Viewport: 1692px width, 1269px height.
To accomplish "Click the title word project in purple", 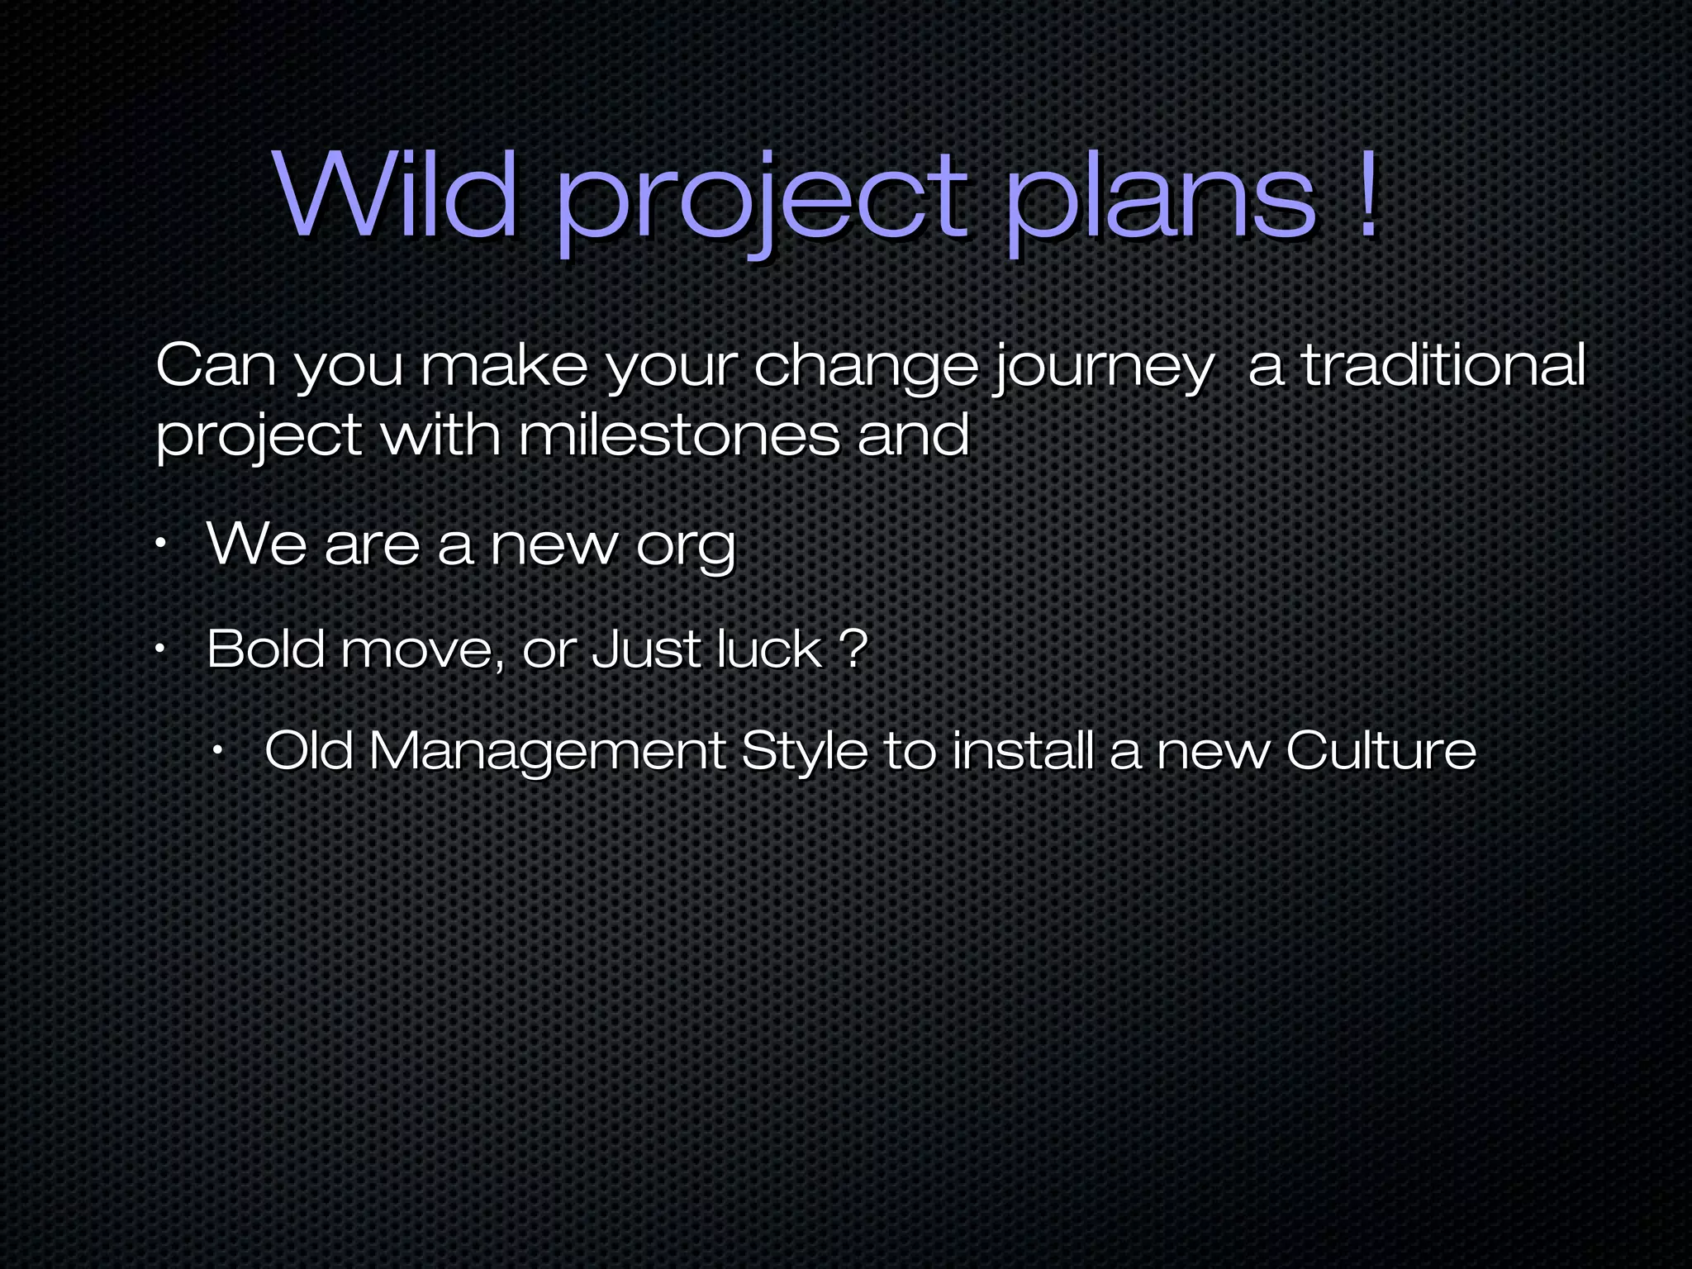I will coord(760,202).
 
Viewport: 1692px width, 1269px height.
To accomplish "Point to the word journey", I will coord(1102,368).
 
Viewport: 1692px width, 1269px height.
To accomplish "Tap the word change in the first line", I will coord(865,368).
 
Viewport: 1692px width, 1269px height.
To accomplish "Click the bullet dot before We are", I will coord(162,544).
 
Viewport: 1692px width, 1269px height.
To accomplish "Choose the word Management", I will coord(546,753).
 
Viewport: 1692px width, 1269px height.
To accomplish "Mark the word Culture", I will coord(1381,751).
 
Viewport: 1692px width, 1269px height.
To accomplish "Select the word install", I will coord(1023,751).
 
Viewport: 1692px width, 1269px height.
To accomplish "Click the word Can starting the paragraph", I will coord(216,365).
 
